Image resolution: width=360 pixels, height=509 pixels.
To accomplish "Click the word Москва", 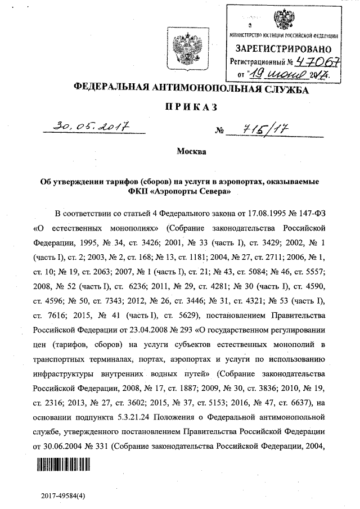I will (x=191, y=152).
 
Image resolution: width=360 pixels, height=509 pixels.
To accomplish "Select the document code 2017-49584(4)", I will (x=64, y=496).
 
